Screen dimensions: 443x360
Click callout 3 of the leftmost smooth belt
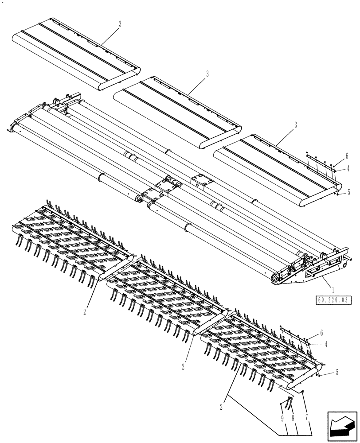119,24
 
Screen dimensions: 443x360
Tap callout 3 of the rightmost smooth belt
296,126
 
